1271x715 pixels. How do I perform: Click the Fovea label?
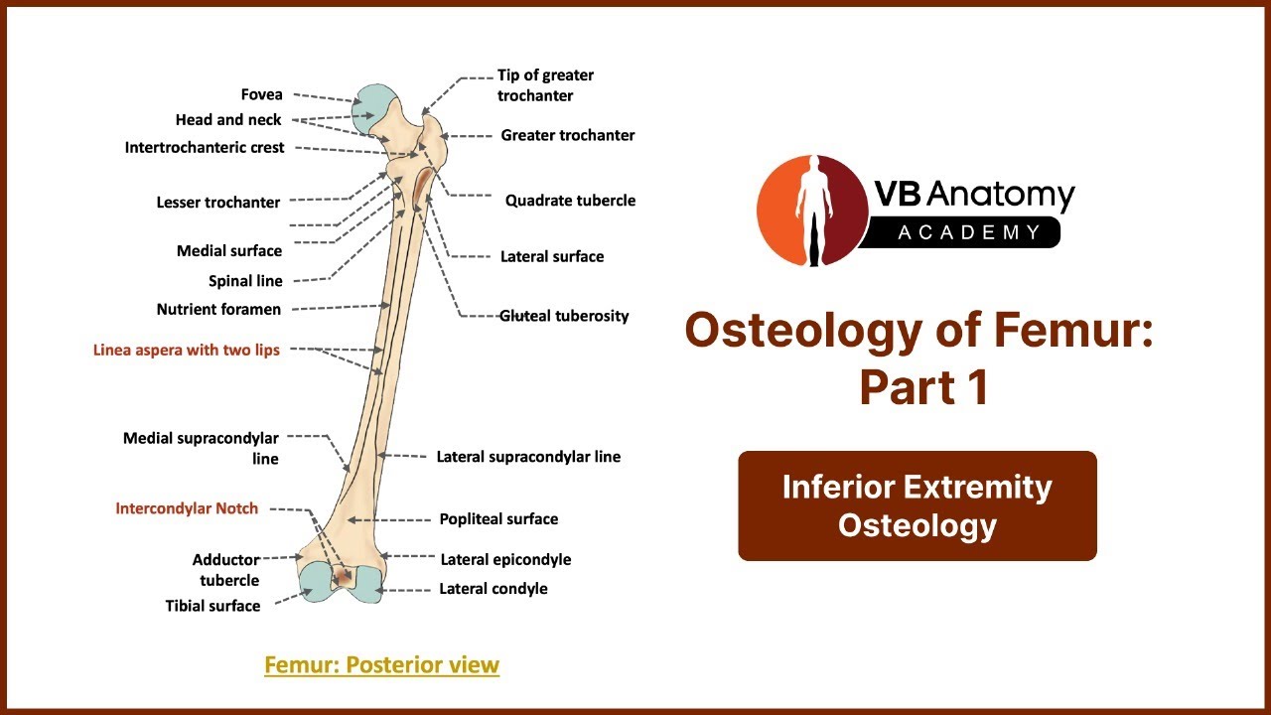pyautogui.click(x=261, y=94)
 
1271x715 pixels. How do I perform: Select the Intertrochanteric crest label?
pyautogui.click(x=205, y=148)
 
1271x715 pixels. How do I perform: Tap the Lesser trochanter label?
pyautogui.click(x=217, y=203)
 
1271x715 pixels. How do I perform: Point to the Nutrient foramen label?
pyautogui.click(x=218, y=309)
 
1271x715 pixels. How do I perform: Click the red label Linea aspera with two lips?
pyautogui.click(x=186, y=351)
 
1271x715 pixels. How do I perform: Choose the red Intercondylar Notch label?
pyautogui.click(x=187, y=508)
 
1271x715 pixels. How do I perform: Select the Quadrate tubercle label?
pyautogui.click(x=570, y=201)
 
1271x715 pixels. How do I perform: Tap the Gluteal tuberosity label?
pyautogui.click(x=564, y=316)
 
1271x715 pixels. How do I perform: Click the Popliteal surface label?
pyautogui.click(x=498, y=519)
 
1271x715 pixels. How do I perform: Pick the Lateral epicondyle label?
pyautogui.click(x=505, y=559)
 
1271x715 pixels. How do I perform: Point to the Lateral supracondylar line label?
pyautogui.click(x=528, y=457)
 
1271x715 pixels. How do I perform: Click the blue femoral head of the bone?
pyautogui.click(x=371, y=109)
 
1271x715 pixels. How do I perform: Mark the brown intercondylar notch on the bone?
pyautogui.click(x=344, y=577)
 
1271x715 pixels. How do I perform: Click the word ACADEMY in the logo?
pyautogui.click(x=969, y=232)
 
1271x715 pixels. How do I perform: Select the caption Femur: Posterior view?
pyautogui.click(x=382, y=665)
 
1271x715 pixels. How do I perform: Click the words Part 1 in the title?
pyautogui.click(x=924, y=387)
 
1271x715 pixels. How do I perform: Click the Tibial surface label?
pyautogui.click(x=212, y=606)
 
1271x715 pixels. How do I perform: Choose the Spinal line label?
pyautogui.click(x=245, y=281)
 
